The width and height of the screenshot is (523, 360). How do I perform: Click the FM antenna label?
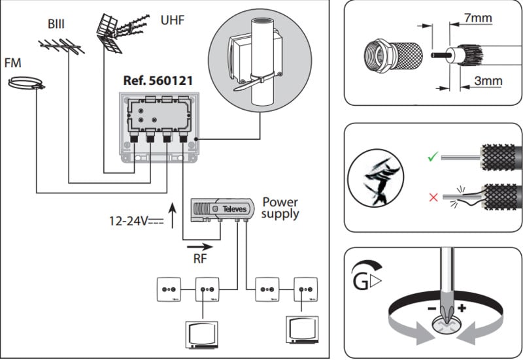point(12,63)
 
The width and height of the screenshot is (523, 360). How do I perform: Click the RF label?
point(201,259)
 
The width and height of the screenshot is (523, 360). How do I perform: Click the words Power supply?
point(280,208)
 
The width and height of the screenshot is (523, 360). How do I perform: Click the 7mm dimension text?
point(477,18)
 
